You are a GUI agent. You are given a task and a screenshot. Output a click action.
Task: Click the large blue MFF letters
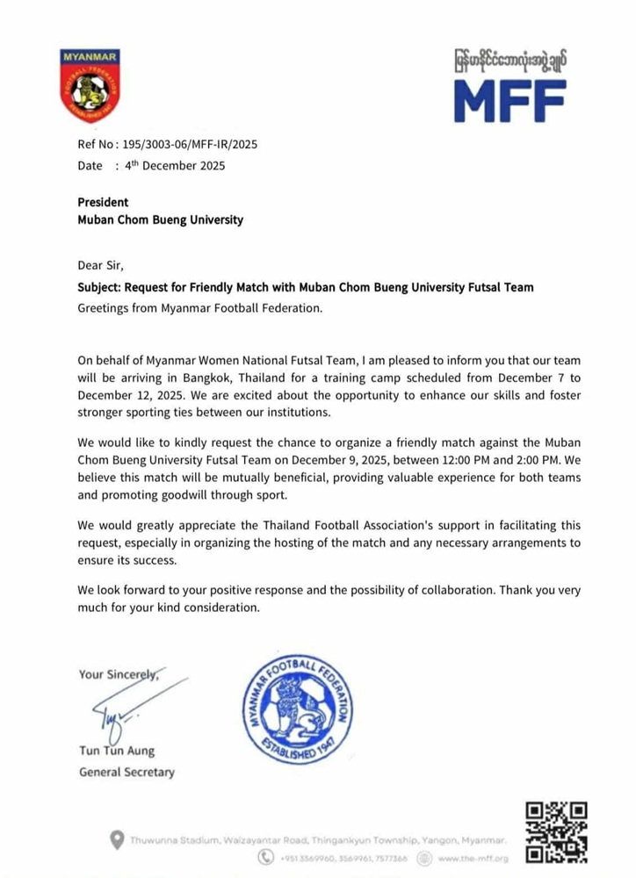510,100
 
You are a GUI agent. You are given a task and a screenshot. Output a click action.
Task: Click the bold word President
103,202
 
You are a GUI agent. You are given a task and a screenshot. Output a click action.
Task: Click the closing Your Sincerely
119,674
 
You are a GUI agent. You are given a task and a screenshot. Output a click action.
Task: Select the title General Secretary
126,773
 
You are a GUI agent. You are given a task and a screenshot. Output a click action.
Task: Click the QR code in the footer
555,832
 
